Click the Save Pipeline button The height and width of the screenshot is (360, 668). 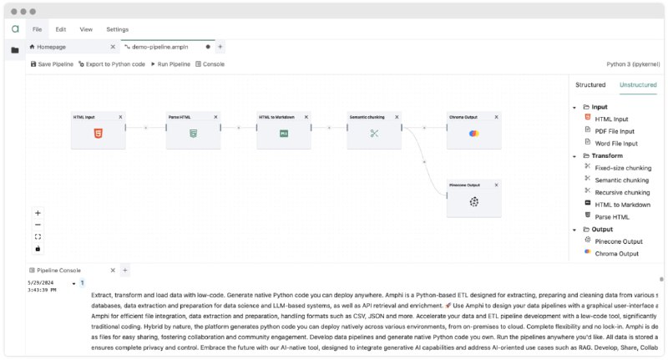52,63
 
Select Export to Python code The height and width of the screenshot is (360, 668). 112,63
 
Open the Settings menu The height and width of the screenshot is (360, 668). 118,29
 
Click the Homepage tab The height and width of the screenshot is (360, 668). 49,47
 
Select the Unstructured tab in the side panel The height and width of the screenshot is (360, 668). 638,84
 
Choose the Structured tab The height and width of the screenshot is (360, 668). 590,84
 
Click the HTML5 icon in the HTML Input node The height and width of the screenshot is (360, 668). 99,134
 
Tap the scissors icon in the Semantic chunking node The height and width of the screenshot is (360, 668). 374,134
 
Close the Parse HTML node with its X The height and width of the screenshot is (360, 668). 215,117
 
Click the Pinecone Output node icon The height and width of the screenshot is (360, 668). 473,201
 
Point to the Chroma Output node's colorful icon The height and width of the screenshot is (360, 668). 473,134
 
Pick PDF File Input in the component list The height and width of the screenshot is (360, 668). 615,131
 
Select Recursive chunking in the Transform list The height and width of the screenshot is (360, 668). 621,192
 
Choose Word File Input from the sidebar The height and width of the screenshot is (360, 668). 615,143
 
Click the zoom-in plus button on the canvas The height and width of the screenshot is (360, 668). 38,213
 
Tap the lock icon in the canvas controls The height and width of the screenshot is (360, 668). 38,248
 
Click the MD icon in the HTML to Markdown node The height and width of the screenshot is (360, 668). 284,134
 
